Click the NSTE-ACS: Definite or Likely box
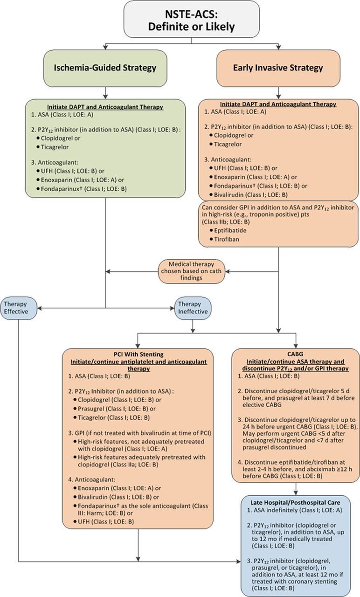click(x=191, y=20)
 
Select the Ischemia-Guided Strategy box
click(x=105, y=68)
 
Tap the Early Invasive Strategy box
click(x=278, y=68)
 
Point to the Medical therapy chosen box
click(x=191, y=271)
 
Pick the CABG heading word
click(x=296, y=355)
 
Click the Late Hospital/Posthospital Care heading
click(x=296, y=502)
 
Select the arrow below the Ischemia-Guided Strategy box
click(x=105, y=92)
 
